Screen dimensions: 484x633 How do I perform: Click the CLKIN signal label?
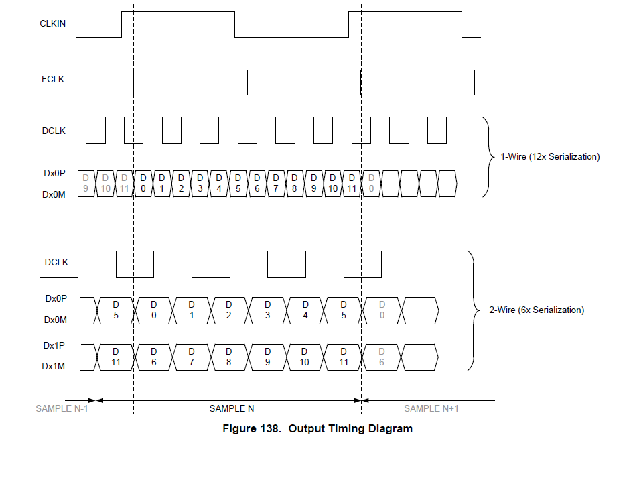(52, 23)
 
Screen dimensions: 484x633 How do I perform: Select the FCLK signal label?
(52, 79)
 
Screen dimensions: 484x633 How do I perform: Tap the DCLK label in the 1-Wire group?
(54, 131)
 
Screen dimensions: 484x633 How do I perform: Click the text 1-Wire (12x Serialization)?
(550, 157)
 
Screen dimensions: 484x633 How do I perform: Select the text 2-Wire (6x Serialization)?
(537, 310)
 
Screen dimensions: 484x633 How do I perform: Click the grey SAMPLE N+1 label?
(431, 408)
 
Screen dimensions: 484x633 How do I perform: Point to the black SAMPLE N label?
(232, 408)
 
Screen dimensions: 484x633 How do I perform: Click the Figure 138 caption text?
(318, 429)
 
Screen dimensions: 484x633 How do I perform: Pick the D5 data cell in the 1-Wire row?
(238, 183)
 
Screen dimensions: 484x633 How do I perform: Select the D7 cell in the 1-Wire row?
(276, 183)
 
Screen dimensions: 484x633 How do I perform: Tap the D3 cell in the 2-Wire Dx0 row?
(268, 310)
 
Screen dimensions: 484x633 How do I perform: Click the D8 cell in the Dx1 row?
(230, 356)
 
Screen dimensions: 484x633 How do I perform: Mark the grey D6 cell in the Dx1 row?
(382, 356)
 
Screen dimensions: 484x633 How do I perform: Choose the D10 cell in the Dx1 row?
(305, 356)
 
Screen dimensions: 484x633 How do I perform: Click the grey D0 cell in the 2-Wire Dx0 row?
(382, 310)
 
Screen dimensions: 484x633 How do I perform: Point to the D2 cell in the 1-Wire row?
(181, 183)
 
